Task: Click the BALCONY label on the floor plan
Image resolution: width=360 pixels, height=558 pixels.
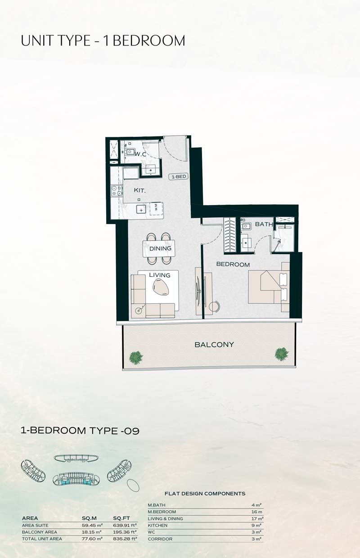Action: (x=214, y=345)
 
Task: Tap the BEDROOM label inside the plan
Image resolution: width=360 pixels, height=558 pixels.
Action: (x=233, y=264)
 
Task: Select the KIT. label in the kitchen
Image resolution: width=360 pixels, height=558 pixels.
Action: (x=140, y=190)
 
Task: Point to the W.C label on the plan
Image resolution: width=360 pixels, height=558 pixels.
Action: (x=140, y=154)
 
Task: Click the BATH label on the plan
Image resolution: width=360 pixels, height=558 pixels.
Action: (x=264, y=224)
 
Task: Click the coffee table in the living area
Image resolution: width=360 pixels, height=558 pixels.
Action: (x=161, y=287)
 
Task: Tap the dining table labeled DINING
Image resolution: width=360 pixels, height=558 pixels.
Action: (x=159, y=248)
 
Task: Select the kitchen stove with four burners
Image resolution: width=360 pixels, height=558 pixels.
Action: (x=117, y=191)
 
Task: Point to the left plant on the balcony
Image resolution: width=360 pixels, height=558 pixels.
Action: (x=136, y=358)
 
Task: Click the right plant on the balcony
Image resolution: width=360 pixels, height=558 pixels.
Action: (x=282, y=354)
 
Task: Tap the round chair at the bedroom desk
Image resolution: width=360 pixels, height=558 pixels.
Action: (x=215, y=306)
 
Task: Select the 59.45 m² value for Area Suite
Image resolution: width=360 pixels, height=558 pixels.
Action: (x=92, y=525)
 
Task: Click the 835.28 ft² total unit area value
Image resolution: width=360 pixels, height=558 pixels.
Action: (x=125, y=539)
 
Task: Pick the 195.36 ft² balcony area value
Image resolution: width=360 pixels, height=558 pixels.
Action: (x=125, y=532)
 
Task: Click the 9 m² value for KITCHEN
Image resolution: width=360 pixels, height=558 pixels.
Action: (x=256, y=525)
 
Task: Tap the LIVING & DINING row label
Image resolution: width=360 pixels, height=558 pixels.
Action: (x=166, y=518)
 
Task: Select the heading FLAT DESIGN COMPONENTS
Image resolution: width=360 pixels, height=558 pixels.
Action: (x=205, y=494)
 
